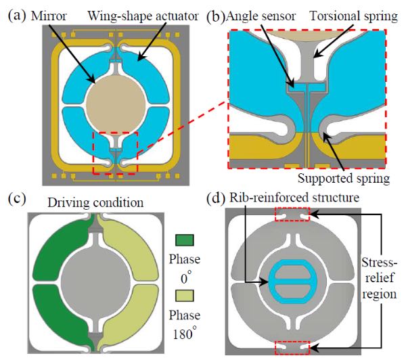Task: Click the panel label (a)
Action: coord(17,16)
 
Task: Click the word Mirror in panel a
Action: coord(49,16)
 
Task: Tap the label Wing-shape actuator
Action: coord(143,16)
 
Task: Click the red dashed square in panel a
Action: coord(116,132)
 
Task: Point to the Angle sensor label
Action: coord(261,16)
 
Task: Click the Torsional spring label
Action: coord(354,16)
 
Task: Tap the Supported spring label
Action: coord(344,179)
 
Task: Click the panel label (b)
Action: coord(216,16)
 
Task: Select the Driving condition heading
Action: coord(95,202)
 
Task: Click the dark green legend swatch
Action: coord(184,240)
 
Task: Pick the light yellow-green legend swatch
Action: coord(184,296)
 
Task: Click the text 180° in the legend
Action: coord(184,334)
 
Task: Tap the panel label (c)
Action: coord(17,199)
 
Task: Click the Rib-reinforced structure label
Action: coord(294,198)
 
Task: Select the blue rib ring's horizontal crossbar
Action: coord(292,282)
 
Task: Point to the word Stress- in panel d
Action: coord(379,263)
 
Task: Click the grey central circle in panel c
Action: coord(95,280)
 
